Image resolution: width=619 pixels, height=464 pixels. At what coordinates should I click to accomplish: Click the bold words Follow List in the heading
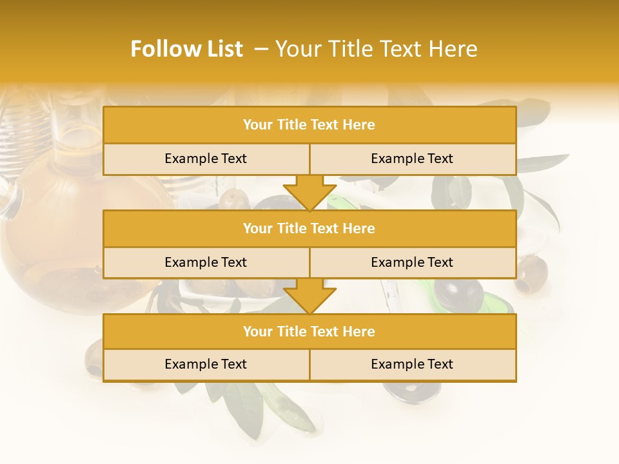(187, 49)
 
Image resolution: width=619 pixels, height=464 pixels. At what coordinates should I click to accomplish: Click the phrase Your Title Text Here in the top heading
(376, 49)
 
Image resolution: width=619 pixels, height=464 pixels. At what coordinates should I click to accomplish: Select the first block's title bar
(309, 125)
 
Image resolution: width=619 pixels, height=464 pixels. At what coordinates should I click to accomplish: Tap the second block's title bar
(309, 228)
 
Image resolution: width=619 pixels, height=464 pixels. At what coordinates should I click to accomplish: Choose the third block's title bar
(309, 331)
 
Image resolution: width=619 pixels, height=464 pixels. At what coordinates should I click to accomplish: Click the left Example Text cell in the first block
(206, 159)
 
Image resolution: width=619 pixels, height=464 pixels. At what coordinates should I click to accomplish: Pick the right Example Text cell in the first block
(412, 159)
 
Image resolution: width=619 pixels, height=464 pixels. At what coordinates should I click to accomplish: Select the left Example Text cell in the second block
(206, 262)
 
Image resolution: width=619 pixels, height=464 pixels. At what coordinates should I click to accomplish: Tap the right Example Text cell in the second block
(412, 262)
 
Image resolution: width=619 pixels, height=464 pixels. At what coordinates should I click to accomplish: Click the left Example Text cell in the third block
(206, 364)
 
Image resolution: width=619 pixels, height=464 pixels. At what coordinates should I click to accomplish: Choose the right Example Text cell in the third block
(412, 364)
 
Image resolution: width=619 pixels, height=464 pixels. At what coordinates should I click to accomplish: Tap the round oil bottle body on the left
(52, 219)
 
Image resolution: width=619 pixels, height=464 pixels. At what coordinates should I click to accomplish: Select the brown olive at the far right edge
(533, 271)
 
